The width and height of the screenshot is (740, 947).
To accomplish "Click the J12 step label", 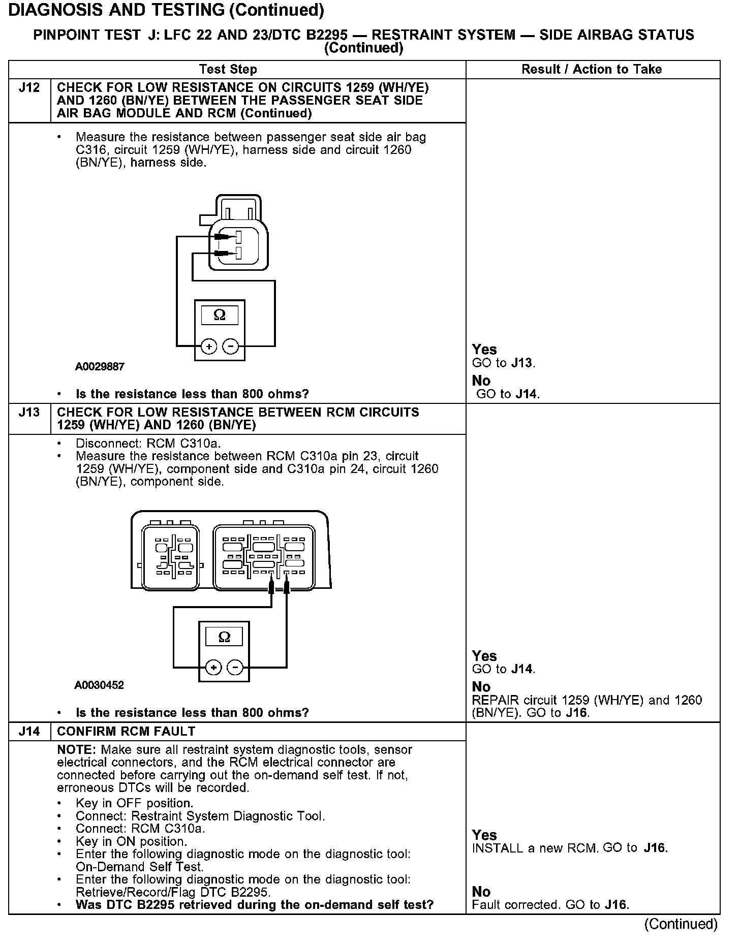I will pos(29,88).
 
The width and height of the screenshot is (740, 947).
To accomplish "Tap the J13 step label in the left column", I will pos(29,412).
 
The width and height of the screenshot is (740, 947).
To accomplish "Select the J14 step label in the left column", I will pos(29,731).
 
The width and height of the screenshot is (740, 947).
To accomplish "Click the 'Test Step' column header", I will pos(228,69).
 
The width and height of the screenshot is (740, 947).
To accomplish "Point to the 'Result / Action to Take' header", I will pos(592,69).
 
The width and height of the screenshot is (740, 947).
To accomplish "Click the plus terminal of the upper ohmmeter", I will pos(209,346).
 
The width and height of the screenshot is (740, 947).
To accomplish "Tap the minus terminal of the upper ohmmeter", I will pos(231,346).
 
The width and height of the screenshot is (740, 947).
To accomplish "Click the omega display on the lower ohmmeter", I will pos(224,637).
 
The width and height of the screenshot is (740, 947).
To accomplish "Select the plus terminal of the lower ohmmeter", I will pos(213,667).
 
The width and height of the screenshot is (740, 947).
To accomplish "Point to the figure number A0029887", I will pos(100,366).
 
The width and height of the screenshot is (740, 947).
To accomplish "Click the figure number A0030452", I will pos(99,685).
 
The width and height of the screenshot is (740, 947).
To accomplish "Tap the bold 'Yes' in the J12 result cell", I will pos(484,350).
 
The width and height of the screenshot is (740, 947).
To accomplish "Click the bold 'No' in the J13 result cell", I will pos(481,687).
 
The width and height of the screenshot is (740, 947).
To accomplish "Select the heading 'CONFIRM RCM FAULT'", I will pos(126,731).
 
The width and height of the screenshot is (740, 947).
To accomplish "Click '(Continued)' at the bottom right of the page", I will pos(681,924).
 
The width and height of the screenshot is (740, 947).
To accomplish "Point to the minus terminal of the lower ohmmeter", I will pos(234,667).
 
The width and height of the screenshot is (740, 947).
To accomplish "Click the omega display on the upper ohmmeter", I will pos(220,315).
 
